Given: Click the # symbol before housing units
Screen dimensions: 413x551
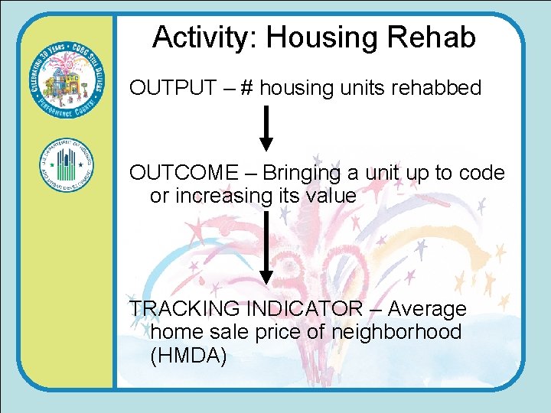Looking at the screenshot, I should pyautogui.click(x=247, y=89).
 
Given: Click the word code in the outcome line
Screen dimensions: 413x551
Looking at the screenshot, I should pyautogui.click(x=481, y=173).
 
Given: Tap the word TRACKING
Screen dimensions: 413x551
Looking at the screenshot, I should pyautogui.click(x=184, y=309).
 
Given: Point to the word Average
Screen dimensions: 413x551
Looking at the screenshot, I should pyautogui.click(x=427, y=309).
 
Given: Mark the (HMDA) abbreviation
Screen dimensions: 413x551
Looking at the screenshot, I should pyautogui.click(x=188, y=355).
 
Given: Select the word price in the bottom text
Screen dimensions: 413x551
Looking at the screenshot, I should pyautogui.click(x=282, y=332).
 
